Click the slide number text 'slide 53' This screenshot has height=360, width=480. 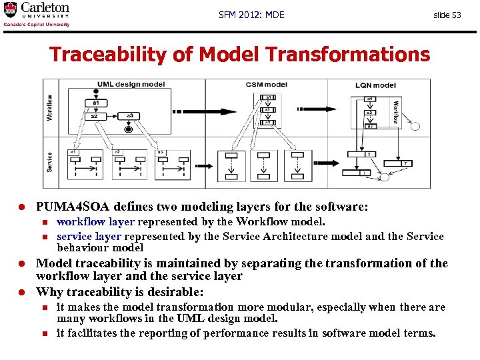point(447,15)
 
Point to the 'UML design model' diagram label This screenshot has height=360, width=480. point(131,85)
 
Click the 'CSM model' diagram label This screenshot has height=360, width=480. point(267,85)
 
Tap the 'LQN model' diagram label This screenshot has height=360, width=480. point(375,85)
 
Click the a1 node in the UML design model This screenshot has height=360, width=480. point(97,103)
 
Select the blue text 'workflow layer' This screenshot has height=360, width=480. point(95,221)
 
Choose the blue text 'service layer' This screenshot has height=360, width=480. point(89,236)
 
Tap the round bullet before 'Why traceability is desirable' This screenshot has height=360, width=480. point(21,292)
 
